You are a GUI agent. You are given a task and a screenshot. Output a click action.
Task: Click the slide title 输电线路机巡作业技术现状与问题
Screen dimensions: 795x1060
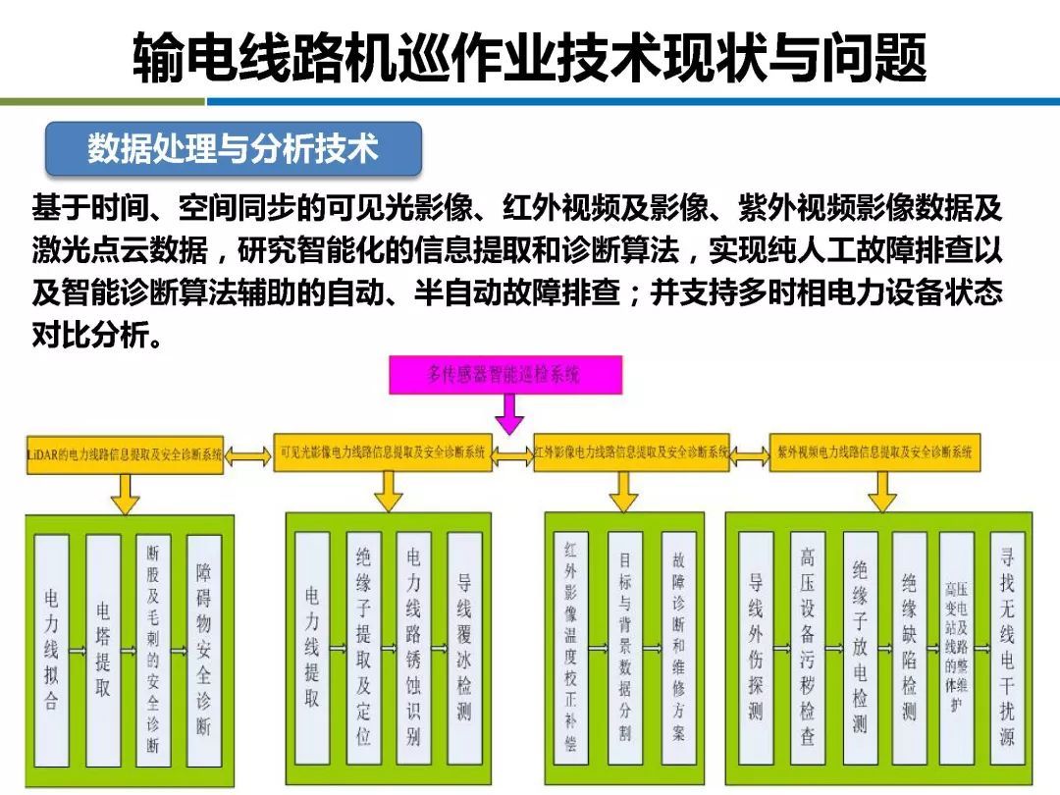pos(530,59)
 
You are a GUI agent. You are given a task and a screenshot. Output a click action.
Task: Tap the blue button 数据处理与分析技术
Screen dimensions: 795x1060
pos(234,149)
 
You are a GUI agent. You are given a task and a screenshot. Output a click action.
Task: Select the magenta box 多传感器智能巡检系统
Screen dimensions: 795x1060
pos(504,374)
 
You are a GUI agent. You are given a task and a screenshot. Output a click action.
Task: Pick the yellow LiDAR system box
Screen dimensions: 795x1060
pos(125,453)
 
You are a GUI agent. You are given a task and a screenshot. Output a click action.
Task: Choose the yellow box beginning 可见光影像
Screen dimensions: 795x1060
pos(383,453)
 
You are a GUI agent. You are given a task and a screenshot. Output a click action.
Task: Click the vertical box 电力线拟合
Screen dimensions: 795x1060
pos(51,649)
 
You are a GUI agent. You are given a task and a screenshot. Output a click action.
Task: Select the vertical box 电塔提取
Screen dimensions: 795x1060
pos(103,649)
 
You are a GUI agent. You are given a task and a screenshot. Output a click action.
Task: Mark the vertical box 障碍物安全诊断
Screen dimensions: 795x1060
pos(203,649)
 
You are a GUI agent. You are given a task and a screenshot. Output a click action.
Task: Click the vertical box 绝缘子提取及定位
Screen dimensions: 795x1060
pos(363,649)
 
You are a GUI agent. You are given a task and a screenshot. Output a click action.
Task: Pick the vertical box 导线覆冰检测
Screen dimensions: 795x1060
pos(464,649)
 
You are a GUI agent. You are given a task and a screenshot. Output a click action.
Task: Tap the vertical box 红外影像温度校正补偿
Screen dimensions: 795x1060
pos(571,649)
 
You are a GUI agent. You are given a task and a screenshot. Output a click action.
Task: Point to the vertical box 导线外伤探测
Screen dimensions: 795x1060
pos(755,649)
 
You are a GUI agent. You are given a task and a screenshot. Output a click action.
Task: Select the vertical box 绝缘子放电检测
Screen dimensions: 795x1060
pos(860,649)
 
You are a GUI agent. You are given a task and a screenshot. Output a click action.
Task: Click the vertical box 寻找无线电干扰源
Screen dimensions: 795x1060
pos(1007,649)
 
